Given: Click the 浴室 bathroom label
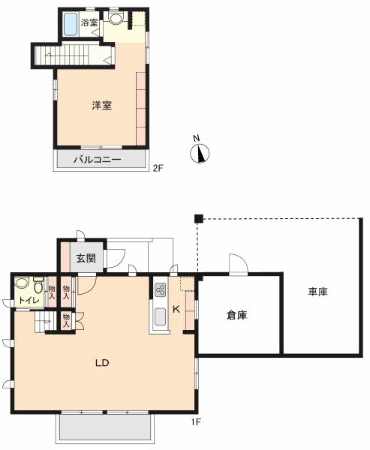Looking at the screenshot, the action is (89, 22).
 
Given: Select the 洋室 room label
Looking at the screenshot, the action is (101, 106).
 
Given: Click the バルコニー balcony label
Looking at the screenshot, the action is (98, 159).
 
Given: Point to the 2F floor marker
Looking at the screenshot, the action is (158, 168).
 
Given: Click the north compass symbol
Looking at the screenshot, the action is (200, 153).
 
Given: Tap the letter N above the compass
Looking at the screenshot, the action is (196, 138).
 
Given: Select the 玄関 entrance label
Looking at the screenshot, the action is (86, 258).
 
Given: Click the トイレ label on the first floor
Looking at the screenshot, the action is (29, 301).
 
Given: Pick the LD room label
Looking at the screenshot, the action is (102, 363).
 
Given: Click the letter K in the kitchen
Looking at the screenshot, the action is (176, 309).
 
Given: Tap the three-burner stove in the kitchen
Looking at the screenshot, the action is (160, 289).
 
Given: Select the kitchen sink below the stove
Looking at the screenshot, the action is (160, 316).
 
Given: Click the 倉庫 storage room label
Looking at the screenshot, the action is (236, 316).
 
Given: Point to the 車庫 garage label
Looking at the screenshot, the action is (318, 292).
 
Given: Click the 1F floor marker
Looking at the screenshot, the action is (196, 422).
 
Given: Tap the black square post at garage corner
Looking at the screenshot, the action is (198, 219).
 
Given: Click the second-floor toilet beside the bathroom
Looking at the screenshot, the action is (116, 18).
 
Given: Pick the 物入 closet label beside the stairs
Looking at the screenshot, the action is (66, 320).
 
